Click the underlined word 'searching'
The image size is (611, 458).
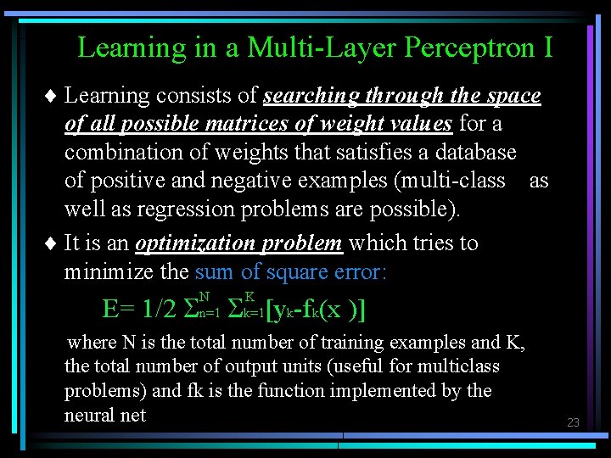pyautogui.click(x=315, y=96)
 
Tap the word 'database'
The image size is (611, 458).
pyautogui.click(x=475, y=153)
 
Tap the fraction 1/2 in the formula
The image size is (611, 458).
pyautogui.click(x=160, y=309)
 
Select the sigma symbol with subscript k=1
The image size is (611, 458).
pyautogui.click(x=235, y=310)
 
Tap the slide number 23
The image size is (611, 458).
pyautogui.click(x=573, y=422)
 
